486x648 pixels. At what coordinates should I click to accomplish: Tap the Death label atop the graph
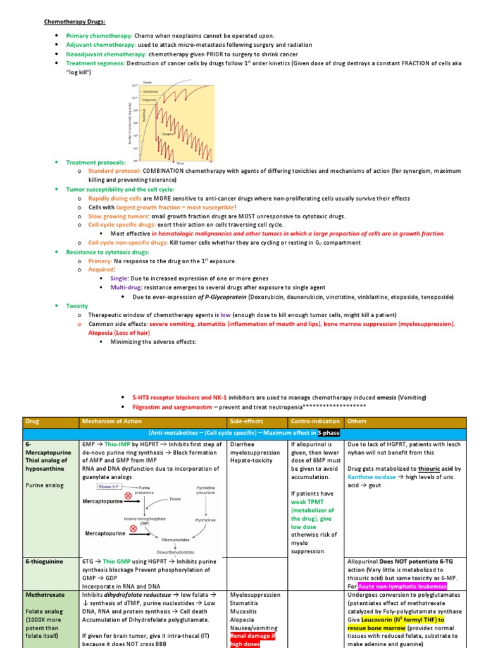coord(147,83)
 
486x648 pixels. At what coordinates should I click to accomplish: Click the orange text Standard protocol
coord(115,171)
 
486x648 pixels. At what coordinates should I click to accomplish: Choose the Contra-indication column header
coord(315,421)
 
